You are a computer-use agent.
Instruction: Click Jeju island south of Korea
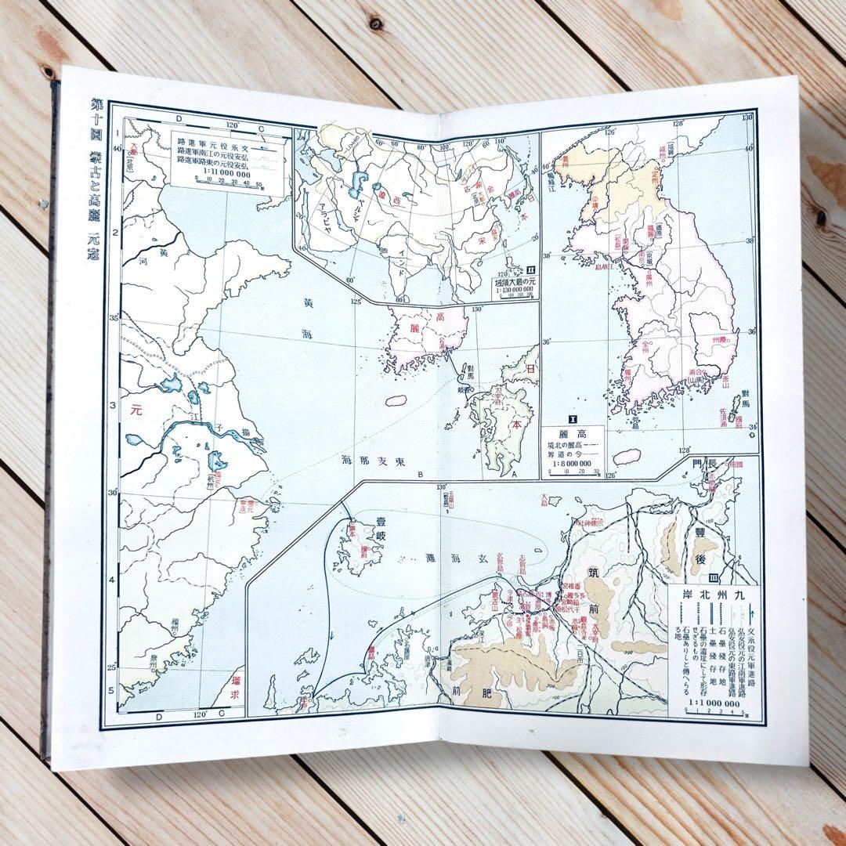tap(625, 455)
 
